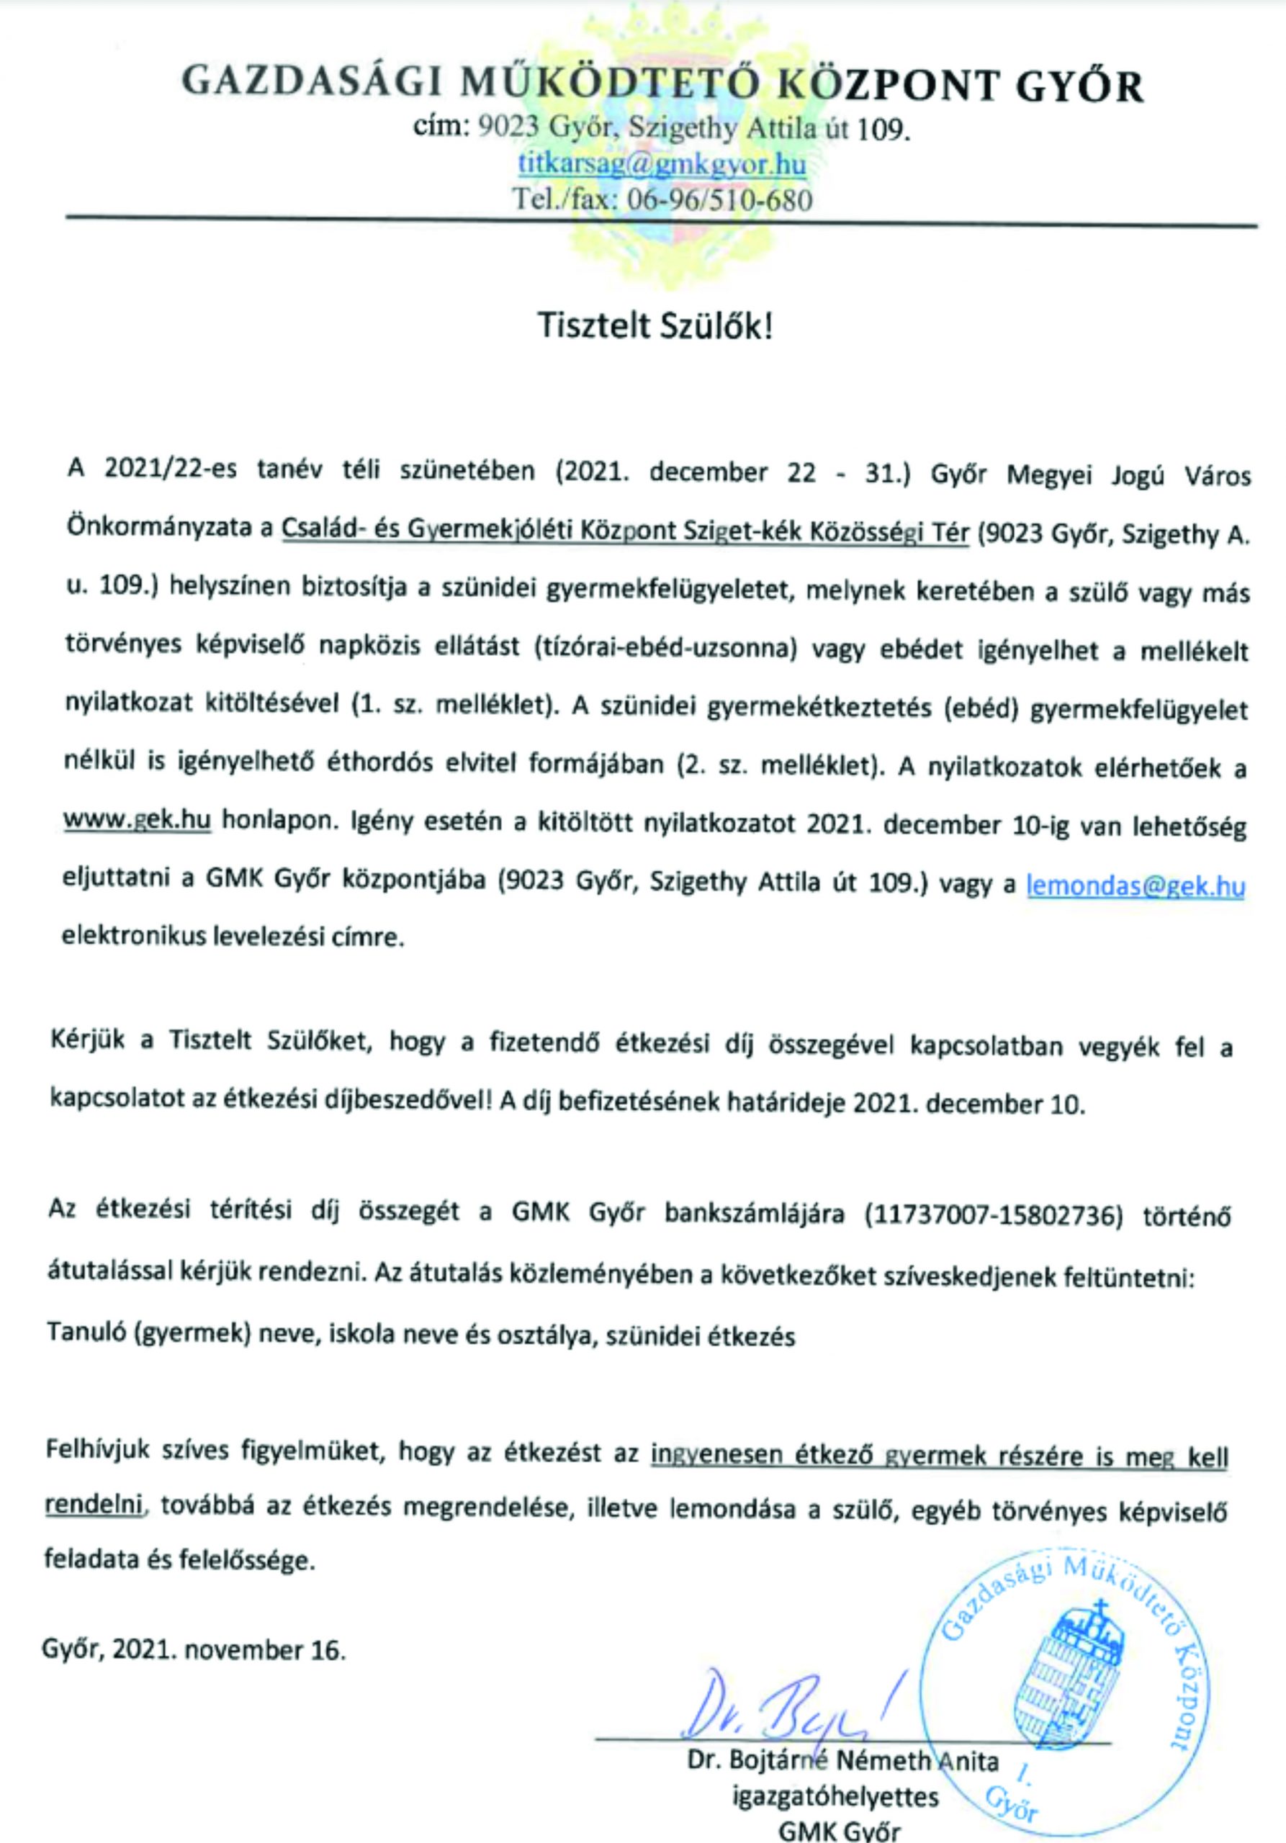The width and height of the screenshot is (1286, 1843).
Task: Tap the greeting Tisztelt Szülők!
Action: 655,327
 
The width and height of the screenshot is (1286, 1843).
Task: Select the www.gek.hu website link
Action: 138,821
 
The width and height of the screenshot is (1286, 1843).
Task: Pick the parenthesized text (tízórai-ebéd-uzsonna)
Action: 663,650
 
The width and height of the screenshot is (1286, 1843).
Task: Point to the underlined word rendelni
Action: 94,1505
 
